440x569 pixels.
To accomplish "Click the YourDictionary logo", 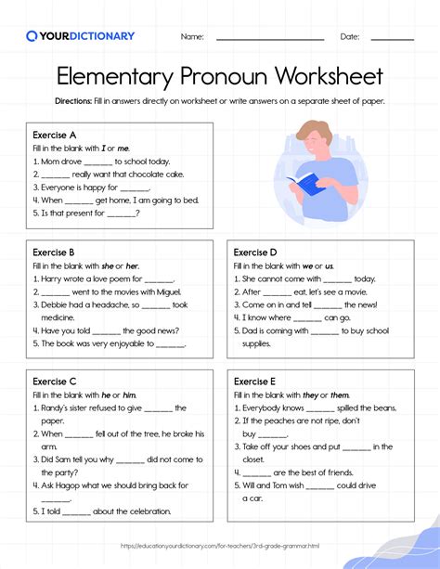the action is coord(80,36).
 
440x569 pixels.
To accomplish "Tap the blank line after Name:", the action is coord(269,39).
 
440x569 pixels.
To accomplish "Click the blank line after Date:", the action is coord(392,39).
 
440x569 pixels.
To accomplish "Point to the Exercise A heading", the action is coord(54,136).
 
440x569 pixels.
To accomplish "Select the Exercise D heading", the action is coord(255,252).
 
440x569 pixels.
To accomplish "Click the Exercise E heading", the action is coord(255,381).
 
